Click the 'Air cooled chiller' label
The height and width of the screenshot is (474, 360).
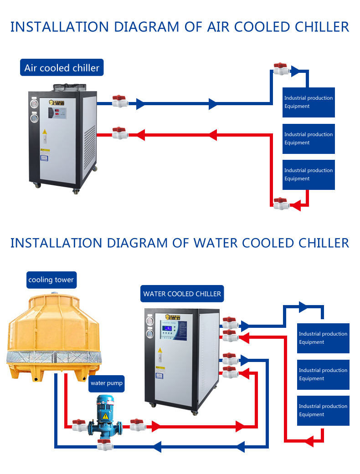(62, 68)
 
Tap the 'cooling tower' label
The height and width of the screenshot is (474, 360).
(51, 280)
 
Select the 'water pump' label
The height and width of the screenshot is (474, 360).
(106, 383)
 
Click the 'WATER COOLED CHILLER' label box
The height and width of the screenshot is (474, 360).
(182, 294)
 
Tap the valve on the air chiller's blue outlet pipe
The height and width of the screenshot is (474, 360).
(119, 101)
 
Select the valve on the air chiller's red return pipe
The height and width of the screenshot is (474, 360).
(119, 133)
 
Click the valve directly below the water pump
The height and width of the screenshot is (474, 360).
(105, 445)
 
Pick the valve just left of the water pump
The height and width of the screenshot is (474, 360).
(79, 425)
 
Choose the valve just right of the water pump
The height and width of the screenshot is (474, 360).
(137, 425)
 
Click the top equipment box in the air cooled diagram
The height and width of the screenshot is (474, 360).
(309, 102)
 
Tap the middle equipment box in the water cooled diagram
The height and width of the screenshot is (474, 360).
(323, 374)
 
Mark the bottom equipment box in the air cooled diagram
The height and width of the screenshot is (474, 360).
(309, 174)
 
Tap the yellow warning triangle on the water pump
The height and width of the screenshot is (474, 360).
(105, 416)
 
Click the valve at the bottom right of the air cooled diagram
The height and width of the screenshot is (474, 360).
(281, 204)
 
